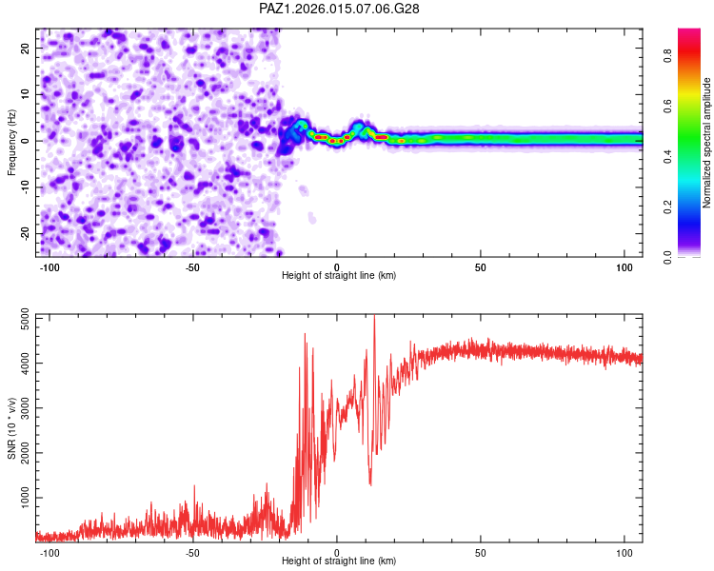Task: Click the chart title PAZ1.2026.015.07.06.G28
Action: [340, 9]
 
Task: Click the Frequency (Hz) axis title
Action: [11, 142]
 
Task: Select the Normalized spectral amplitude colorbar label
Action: [707, 143]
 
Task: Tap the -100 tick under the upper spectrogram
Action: [50, 267]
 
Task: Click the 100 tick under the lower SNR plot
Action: [625, 553]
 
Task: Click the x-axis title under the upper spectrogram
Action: [339, 276]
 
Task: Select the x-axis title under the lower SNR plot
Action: [339, 561]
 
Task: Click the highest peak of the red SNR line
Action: [374, 317]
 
